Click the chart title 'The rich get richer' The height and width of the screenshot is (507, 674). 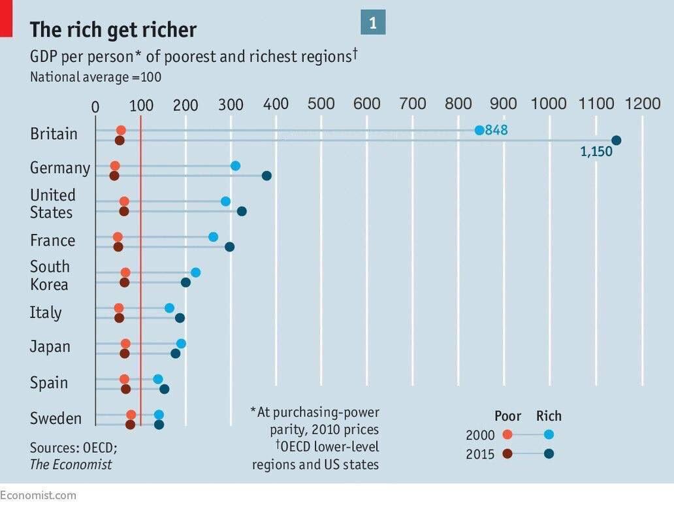tap(113, 30)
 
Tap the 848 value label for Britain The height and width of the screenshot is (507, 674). tap(496, 130)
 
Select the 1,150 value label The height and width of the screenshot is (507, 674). tap(596, 152)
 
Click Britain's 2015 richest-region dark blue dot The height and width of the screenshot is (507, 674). tap(616, 140)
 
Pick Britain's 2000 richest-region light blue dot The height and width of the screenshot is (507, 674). tap(479, 130)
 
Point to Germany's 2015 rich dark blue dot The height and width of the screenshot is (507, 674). tap(266, 176)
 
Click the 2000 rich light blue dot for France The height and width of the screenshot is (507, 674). tap(213, 237)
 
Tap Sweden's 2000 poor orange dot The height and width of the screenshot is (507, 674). tap(131, 415)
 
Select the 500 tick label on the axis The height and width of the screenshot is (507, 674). tap(321, 104)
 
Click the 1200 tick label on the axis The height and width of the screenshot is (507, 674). tap(642, 104)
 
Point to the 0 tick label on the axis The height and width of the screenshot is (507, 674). tap(95, 106)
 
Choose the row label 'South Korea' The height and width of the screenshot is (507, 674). tap(50, 276)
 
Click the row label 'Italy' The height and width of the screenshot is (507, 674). tap(46, 313)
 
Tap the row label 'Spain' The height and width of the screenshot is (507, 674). tap(49, 383)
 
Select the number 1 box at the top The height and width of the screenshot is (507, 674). tap(373, 23)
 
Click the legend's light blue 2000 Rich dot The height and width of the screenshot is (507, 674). tap(549, 434)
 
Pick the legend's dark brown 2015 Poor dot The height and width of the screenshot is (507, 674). tap(507, 454)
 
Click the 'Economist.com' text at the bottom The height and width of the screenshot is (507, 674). tap(38, 495)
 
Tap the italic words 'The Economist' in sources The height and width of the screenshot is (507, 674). tap(71, 465)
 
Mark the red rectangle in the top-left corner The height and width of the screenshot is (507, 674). tap(6, 18)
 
